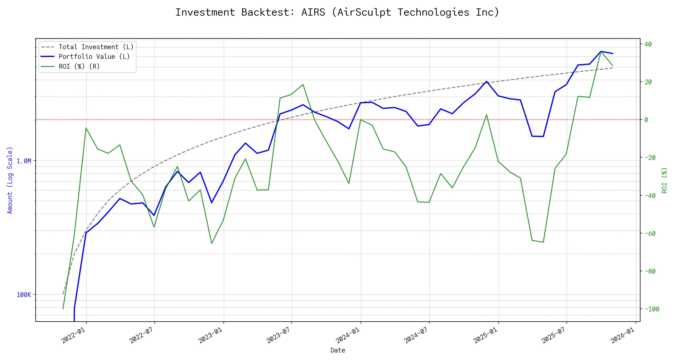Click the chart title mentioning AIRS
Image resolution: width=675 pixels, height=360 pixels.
(337, 12)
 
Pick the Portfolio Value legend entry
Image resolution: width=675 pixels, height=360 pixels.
(94, 57)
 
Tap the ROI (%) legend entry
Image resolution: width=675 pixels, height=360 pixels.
(79, 66)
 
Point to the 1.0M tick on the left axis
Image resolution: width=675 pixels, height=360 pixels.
(24, 161)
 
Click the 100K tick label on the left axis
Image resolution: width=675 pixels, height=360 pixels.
(24, 295)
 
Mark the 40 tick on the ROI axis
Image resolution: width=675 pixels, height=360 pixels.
(648, 44)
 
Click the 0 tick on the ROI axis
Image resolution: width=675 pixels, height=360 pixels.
(646, 120)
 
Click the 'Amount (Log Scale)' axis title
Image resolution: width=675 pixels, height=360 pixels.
(10, 180)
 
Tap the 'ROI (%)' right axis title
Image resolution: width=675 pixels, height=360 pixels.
(665, 180)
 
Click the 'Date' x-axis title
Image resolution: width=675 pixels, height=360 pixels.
(338, 350)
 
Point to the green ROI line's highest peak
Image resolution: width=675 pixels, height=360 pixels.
(601, 51)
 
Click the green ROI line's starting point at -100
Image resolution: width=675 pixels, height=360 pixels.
(63, 309)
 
